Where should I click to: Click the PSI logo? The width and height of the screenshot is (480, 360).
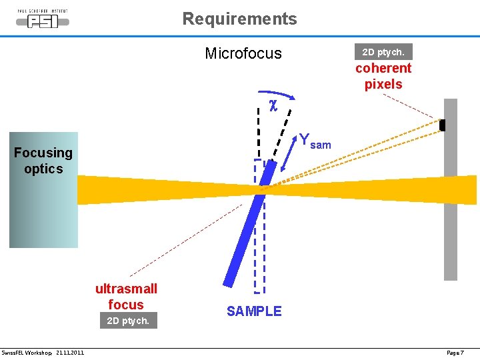[x=43, y=19]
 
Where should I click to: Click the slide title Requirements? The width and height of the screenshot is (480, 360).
[x=240, y=19]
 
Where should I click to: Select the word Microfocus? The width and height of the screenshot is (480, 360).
[x=243, y=53]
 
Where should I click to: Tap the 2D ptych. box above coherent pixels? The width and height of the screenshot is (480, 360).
[x=383, y=51]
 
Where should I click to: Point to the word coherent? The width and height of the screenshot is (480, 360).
[x=383, y=68]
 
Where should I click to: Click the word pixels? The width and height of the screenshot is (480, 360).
[x=383, y=84]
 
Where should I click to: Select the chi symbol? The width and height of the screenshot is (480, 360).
[x=273, y=104]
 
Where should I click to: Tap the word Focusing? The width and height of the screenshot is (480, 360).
[x=43, y=153]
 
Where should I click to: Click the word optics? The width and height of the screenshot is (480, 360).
[x=43, y=169]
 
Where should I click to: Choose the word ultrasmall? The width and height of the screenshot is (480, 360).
[x=127, y=289]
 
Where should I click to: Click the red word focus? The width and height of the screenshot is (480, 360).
[x=126, y=305]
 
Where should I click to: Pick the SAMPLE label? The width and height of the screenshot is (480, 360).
[x=254, y=311]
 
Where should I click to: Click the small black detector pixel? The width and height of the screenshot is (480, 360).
[x=442, y=125]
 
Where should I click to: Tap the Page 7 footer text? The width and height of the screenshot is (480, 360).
[x=455, y=352]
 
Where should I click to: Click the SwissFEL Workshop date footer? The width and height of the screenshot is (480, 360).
[x=43, y=352]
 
